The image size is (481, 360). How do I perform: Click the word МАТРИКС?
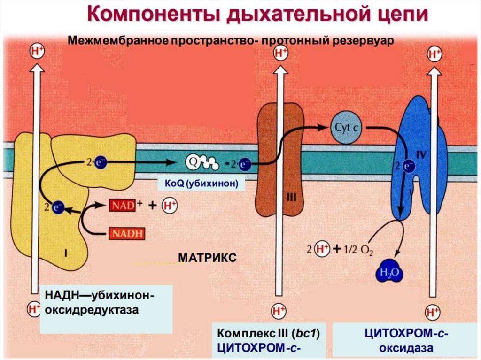[x=207, y=258]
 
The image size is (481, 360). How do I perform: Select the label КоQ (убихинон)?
[x=202, y=184]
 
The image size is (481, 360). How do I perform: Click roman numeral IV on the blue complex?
[x=420, y=153]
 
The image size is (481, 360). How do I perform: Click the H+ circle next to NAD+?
[x=170, y=206]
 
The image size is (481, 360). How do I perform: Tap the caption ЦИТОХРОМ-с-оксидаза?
[x=407, y=340]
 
